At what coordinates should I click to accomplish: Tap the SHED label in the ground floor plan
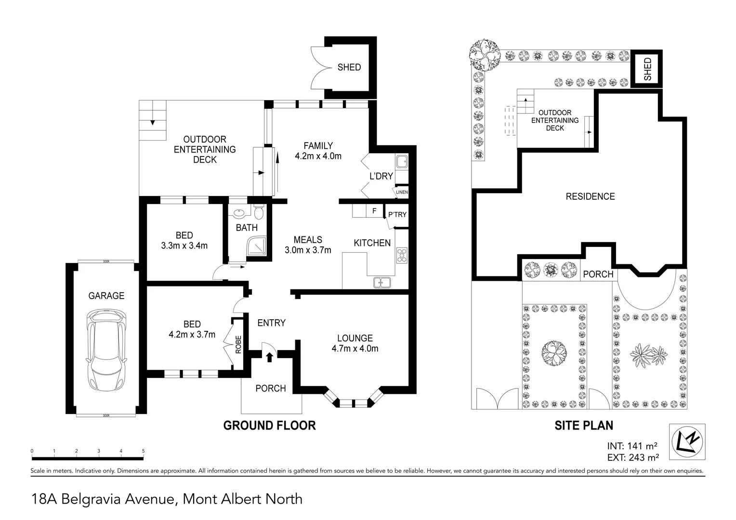pyautogui.click(x=349, y=67)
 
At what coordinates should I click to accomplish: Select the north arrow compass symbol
pyautogui.click(x=687, y=441)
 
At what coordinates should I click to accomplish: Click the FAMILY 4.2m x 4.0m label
pyautogui.click(x=318, y=151)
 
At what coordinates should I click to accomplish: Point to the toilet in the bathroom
pyautogui.click(x=259, y=212)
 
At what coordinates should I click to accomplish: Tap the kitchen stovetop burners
pyautogui.click(x=401, y=255)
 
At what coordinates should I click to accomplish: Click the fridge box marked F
pyautogui.click(x=374, y=211)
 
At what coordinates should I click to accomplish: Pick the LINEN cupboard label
pyautogui.click(x=401, y=192)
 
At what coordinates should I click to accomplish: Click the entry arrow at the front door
pyautogui.click(x=269, y=357)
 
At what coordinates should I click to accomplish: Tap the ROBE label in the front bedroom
pyautogui.click(x=238, y=345)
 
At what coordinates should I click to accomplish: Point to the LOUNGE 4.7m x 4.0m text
pyautogui.click(x=355, y=343)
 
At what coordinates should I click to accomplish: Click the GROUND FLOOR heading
pyautogui.click(x=269, y=425)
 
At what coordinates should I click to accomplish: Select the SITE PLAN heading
pyautogui.click(x=583, y=426)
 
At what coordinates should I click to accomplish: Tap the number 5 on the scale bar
pyautogui.click(x=143, y=451)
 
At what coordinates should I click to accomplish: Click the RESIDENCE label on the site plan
pyautogui.click(x=590, y=196)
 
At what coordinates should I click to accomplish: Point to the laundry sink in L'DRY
pyautogui.click(x=401, y=161)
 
